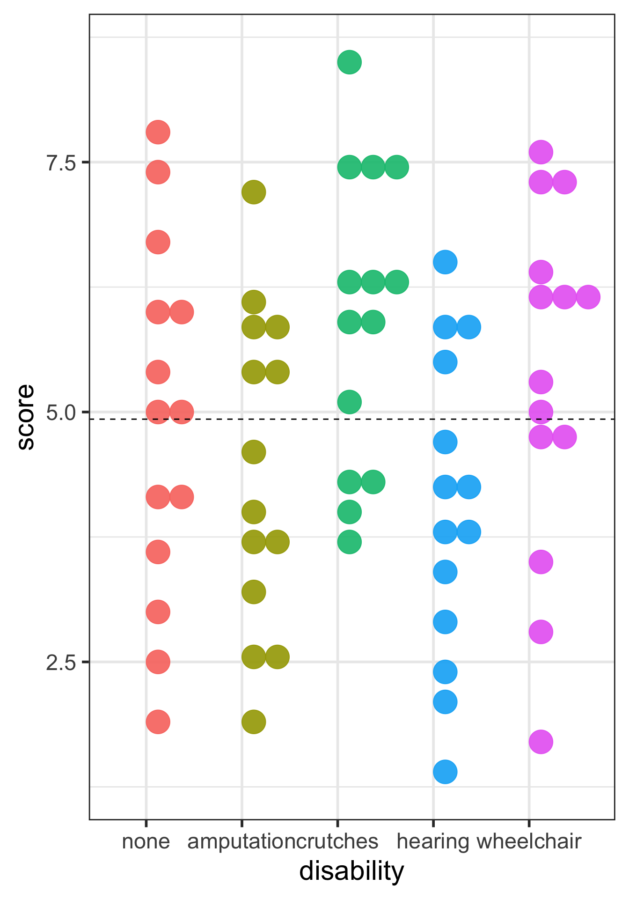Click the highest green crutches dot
click(x=349, y=62)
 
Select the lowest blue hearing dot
click(x=445, y=772)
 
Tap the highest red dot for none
click(x=158, y=132)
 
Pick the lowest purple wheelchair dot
click(x=541, y=742)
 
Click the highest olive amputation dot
click(x=254, y=192)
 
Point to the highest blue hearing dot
click(x=445, y=262)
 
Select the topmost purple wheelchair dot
click(x=541, y=152)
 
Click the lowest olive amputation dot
click(x=254, y=722)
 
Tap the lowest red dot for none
click(x=158, y=722)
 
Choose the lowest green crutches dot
click(x=349, y=542)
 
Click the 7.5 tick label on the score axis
click(x=61, y=163)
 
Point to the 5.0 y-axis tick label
click(x=61, y=413)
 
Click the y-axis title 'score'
click(x=26, y=417)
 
